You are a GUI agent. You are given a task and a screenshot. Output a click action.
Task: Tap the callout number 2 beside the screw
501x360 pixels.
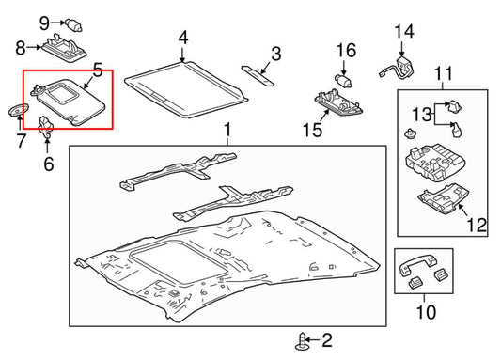pos(327,340)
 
